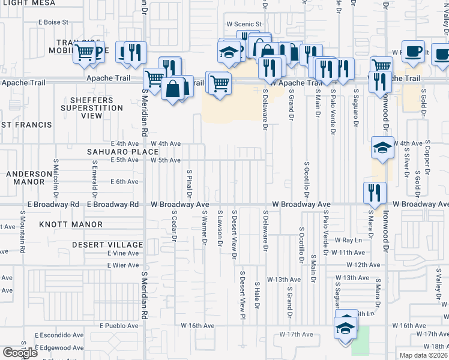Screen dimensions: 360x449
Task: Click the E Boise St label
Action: [x=53, y=22]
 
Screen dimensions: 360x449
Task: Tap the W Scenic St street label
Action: [x=244, y=24]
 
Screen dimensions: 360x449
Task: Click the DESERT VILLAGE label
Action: [x=107, y=245]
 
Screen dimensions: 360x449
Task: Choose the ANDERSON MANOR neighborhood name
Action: [x=29, y=177]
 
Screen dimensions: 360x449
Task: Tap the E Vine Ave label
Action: [x=123, y=254]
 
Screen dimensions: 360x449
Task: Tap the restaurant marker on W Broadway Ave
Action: [x=375, y=193]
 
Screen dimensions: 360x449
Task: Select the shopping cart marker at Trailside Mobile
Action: [x=85, y=52]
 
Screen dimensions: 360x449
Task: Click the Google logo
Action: [x=20, y=353]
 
